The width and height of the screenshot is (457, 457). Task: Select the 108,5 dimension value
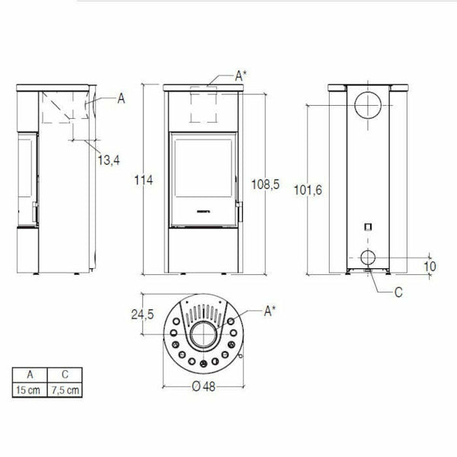266,184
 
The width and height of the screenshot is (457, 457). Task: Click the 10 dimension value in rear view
430,266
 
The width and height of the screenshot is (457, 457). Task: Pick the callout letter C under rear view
399,291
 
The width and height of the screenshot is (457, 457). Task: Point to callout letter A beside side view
121,97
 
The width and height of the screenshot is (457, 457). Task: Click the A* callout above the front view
240,75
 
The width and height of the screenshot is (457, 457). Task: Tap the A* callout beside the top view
270,310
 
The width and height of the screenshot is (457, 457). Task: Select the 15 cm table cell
29,390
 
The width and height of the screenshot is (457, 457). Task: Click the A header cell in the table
29,375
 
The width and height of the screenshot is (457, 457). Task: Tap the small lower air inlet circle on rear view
367,256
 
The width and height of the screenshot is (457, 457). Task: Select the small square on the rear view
367,226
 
